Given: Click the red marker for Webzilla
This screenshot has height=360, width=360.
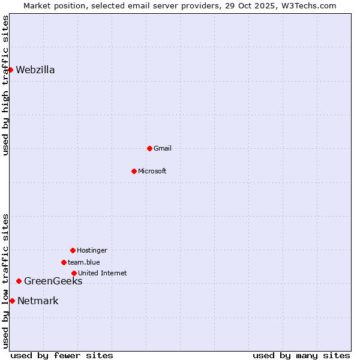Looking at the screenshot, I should [x=10, y=70].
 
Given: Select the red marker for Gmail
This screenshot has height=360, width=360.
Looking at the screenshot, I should [x=149, y=148].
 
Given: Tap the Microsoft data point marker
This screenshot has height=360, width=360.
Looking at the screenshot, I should [x=134, y=171].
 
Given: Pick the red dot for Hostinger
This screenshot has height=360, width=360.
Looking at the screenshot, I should [x=73, y=250].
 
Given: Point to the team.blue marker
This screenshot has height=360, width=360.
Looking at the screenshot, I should [x=64, y=262].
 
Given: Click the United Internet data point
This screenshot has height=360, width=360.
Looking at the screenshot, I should [x=74, y=273].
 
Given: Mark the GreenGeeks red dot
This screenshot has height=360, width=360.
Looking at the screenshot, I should [x=19, y=281].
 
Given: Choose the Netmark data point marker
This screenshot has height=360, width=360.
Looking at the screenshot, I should [x=12, y=301].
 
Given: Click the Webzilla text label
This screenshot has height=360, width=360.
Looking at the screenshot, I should [x=35, y=70].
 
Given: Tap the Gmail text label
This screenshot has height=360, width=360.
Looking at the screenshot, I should [x=163, y=149].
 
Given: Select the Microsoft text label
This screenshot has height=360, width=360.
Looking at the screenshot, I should [x=152, y=172].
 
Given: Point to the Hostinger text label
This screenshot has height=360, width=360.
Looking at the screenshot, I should [x=92, y=251].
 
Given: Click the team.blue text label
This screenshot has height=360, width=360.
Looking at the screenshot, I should [x=84, y=263].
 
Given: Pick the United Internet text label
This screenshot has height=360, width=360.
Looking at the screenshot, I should [x=103, y=274].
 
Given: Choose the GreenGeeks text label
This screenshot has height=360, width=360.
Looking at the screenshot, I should [x=53, y=281].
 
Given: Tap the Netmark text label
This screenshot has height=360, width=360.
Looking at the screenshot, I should [x=38, y=301].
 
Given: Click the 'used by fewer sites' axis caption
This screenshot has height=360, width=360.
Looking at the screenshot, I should [x=62, y=355].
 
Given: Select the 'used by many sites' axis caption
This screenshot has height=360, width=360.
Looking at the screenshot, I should [x=301, y=355].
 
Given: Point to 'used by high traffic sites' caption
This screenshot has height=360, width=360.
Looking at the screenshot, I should [x=6, y=85].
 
